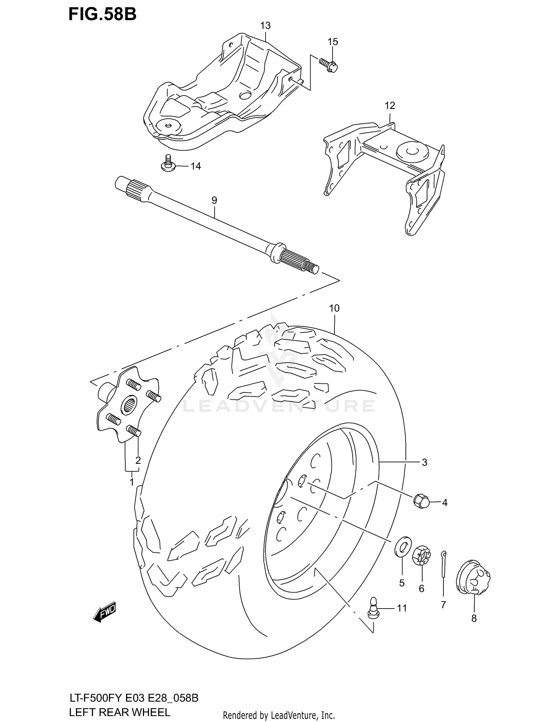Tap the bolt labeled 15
pos(329,65)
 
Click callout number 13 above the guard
pos(265,26)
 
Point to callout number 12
pos(389,106)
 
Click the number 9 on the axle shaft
pos(214,200)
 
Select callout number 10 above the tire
pos(334,308)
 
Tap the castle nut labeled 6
pos(421,555)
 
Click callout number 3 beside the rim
pos(424,462)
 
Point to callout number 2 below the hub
pos(138,460)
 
